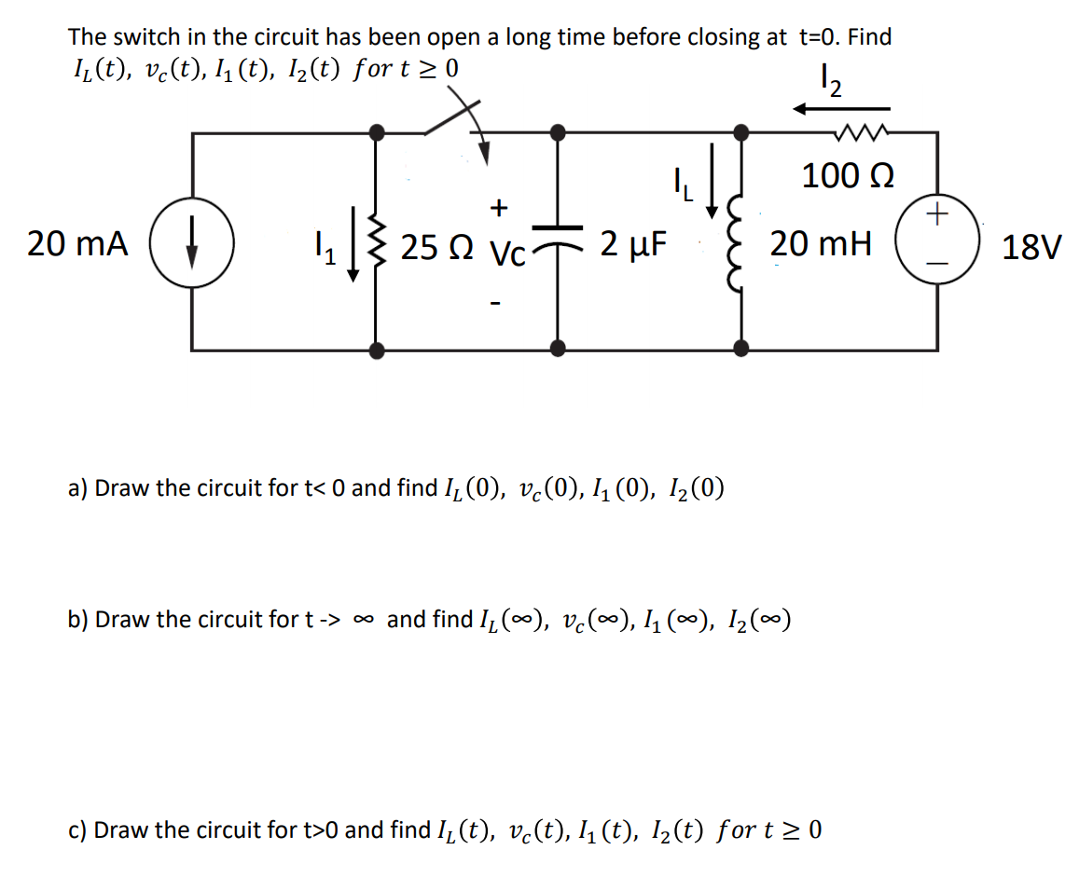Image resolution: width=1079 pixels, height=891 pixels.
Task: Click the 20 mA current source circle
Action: [192, 245]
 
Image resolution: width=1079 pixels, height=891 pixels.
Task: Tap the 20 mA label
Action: [77, 245]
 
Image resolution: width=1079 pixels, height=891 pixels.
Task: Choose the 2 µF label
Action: [633, 244]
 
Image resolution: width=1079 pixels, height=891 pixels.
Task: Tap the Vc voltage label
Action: [506, 252]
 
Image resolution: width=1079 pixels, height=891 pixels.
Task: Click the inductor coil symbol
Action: [740, 245]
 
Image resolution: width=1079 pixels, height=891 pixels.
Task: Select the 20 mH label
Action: [821, 245]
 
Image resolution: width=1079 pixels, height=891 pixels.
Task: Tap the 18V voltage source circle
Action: [936, 241]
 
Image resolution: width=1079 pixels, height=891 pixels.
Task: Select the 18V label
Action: [1031, 248]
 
